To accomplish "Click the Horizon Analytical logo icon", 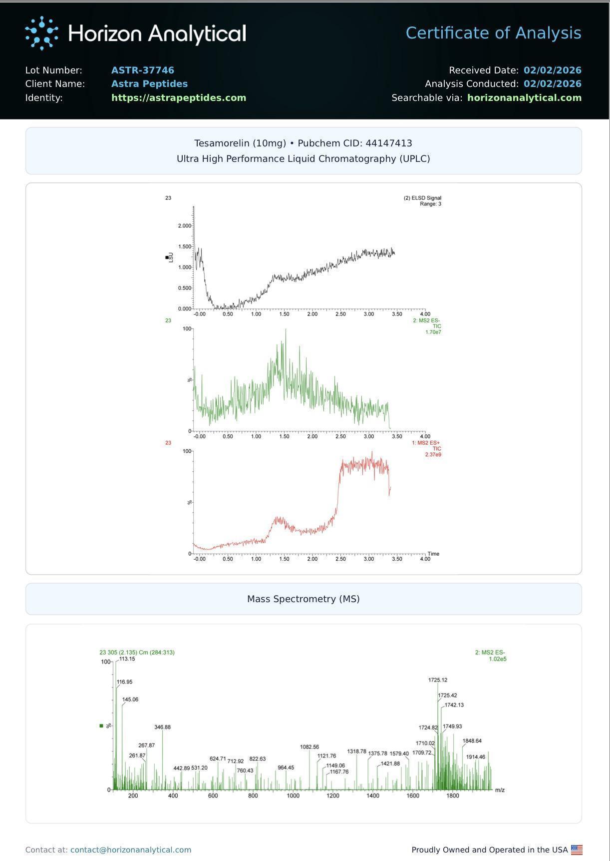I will tap(41, 33).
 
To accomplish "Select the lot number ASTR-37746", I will tap(143, 70).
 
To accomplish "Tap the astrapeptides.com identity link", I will tap(179, 98).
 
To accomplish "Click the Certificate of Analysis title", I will tap(493, 33).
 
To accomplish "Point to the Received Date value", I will tap(552, 70).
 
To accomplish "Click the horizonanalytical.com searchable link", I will tap(524, 98).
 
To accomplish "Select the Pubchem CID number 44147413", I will tap(389, 143).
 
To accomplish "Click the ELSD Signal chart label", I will tap(422, 198).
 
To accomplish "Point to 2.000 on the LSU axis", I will tap(184, 226).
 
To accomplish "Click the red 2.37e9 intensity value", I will tap(433, 455).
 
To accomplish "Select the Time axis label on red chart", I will tap(433, 554).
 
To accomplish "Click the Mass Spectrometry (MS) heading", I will tap(304, 599).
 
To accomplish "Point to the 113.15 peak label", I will tap(127, 659).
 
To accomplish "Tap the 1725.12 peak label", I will tap(438, 680).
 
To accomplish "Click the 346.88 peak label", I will tap(163, 727).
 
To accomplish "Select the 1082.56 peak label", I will tap(309, 747).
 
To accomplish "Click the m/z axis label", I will tap(500, 790).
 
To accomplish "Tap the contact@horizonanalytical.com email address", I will tap(131, 850).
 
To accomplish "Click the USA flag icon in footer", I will tap(577, 850).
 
